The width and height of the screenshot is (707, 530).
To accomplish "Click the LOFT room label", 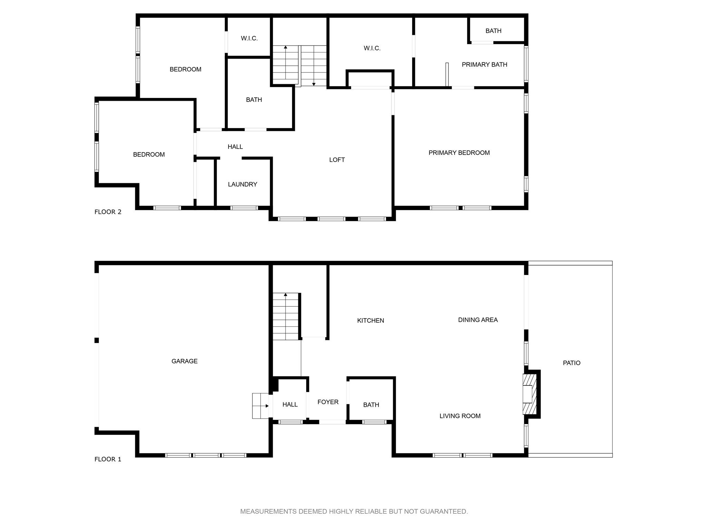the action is pos(337,160).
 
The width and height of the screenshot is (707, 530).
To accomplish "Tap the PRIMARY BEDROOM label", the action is pos(459,153).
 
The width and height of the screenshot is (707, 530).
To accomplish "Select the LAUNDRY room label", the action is pos(242,184).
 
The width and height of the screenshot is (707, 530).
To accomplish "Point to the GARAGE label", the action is pos(184,361).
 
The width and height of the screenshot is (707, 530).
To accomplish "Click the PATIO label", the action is pos(572,363).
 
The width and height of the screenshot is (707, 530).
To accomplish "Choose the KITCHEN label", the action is pos(370,321).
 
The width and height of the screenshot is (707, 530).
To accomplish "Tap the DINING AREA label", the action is pos(478,320).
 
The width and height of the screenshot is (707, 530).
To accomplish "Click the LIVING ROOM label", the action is pos(460,416).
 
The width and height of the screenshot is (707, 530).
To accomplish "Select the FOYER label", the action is pos(328,402).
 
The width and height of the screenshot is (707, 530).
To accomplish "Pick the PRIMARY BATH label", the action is pos(484,65).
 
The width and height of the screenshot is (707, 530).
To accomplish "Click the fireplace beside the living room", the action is pos(530,394).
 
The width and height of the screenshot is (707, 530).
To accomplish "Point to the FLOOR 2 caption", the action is pos(108,212).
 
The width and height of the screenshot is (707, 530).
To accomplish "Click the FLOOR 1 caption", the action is pos(108,459).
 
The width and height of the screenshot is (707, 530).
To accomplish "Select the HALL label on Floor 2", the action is pos(235,147).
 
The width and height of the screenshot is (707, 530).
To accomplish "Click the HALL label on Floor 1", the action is pos(290,404).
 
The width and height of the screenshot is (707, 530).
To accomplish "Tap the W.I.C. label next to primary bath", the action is pos(372,48).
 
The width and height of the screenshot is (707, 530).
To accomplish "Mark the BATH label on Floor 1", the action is pos(371,405).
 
